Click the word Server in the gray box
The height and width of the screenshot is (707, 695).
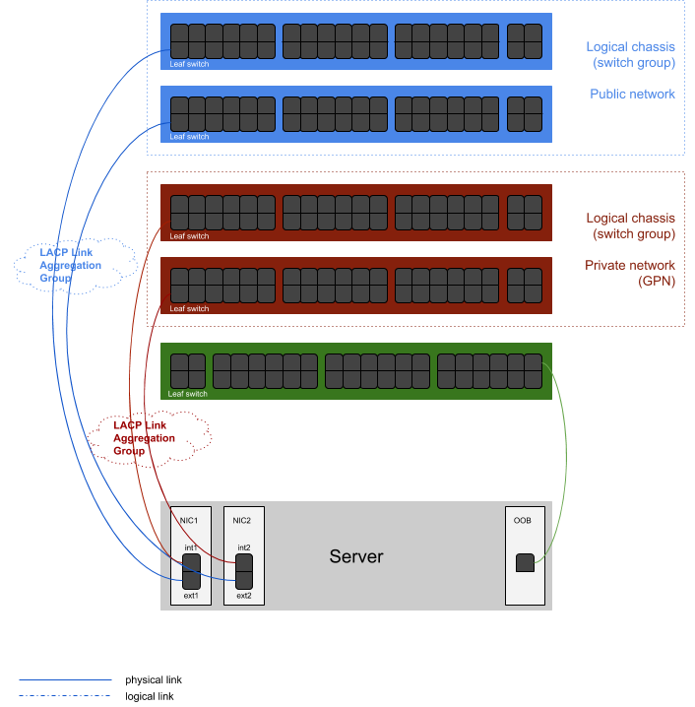pos(355,557)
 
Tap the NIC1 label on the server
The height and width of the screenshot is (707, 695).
pos(190,520)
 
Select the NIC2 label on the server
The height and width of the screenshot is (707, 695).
pos(242,520)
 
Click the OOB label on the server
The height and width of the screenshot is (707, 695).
pos(523,520)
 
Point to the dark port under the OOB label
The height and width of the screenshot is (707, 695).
pos(526,563)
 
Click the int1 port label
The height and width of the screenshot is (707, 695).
pos(190,547)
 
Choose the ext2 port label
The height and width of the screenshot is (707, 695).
pos(243,596)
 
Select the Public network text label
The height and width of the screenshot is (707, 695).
pos(632,95)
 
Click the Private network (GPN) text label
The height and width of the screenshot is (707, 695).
pos(629,273)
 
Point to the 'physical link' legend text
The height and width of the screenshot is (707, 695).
pos(154,679)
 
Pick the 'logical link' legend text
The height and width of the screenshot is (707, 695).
pos(151,696)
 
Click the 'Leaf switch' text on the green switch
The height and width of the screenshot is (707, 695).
pos(188,394)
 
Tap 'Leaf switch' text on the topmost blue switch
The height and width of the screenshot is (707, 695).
pos(189,64)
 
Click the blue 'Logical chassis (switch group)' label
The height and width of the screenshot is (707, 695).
pos(630,54)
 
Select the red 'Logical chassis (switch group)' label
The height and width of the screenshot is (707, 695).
pos(630,225)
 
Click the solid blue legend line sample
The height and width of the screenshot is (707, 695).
pos(65,679)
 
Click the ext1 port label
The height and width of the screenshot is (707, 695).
pos(191,596)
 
